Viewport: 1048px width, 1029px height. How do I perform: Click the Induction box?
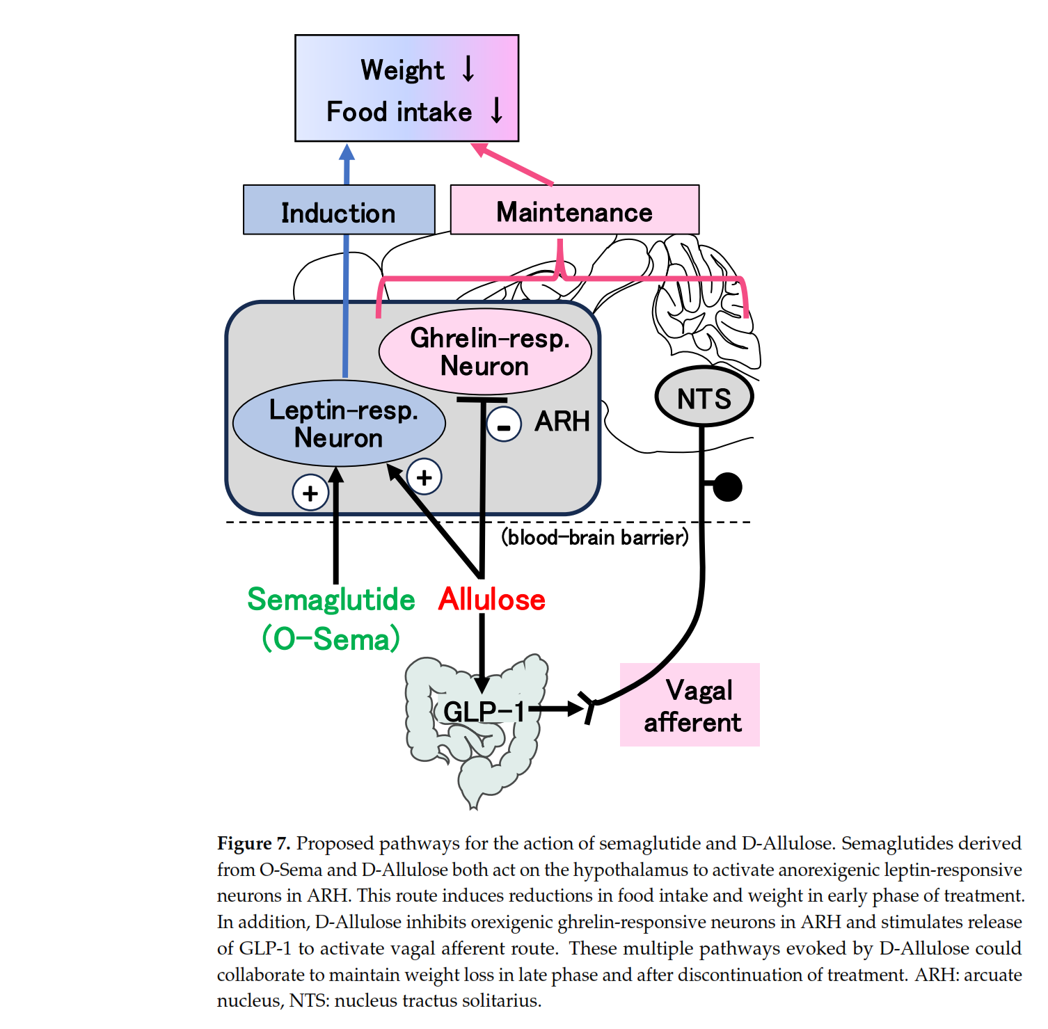click(339, 210)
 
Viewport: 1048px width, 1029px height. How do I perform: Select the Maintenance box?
click(574, 210)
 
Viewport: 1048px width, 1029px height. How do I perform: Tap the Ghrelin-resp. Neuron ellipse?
click(485, 351)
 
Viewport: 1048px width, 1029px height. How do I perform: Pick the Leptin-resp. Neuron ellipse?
click(339, 423)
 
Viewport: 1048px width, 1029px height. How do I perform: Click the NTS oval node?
click(704, 397)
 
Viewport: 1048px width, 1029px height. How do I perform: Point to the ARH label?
click(562, 421)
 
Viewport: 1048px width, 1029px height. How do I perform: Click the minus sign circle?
click(504, 424)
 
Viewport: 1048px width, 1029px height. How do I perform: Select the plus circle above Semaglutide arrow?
click(310, 493)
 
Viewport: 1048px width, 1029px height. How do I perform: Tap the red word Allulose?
click(492, 600)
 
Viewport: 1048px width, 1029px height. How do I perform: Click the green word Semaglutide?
click(331, 600)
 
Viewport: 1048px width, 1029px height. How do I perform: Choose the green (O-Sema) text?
click(331, 639)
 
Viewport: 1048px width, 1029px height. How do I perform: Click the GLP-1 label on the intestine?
click(484, 711)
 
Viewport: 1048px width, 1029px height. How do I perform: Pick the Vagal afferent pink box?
click(690, 705)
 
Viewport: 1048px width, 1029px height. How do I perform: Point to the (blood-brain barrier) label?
click(595, 537)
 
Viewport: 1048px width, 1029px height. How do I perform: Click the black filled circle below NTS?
click(728, 487)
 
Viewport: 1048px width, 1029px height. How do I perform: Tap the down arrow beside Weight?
click(468, 69)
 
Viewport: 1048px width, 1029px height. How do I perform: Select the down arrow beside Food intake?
click(496, 111)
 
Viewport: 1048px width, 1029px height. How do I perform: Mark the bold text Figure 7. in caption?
click(253, 843)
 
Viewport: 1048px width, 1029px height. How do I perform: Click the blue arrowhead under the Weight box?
click(347, 152)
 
